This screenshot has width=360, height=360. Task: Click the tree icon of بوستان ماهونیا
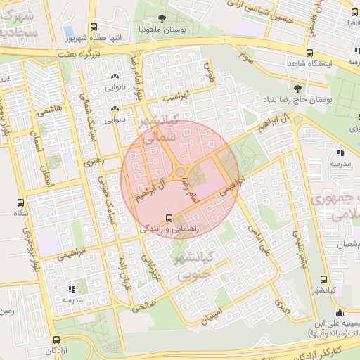coord(162,18)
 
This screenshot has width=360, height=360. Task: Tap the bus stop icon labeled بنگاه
coord(20,202)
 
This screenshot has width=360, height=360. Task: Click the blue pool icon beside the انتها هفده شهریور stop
coord(68,30)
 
